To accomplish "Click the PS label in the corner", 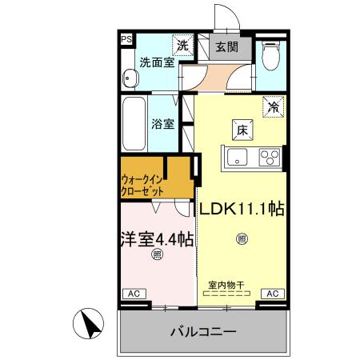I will (126, 38).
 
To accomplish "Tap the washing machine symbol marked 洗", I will (183, 46).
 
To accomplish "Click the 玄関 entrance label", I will (226, 46).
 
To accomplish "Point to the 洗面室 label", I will (157, 62).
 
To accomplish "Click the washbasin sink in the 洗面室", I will (130, 79).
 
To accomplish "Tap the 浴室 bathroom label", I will (162, 124).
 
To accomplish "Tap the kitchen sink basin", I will (239, 157).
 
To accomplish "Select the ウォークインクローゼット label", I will (144, 186).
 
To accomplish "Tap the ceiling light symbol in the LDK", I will (242, 238).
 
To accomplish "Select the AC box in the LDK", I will (272, 294).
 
